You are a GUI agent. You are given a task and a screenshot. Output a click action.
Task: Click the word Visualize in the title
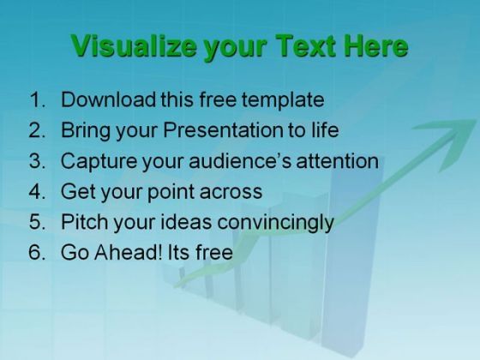(134, 46)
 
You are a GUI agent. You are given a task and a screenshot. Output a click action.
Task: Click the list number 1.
(38, 99)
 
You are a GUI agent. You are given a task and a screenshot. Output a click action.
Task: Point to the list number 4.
(38, 191)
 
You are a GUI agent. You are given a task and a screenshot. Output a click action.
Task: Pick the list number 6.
(38, 252)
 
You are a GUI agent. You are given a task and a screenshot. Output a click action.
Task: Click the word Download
(108, 99)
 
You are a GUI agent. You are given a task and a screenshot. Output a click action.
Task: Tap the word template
(283, 101)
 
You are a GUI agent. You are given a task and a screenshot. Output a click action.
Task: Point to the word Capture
(99, 162)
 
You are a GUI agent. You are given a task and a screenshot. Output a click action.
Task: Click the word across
(231, 193)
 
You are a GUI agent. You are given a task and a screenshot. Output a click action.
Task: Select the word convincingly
(275, 223)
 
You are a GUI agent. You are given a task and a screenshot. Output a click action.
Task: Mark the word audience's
(240, 161)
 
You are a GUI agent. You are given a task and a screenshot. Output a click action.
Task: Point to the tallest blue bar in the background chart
(352, 261)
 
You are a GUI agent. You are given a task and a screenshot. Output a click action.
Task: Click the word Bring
(86, 131)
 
